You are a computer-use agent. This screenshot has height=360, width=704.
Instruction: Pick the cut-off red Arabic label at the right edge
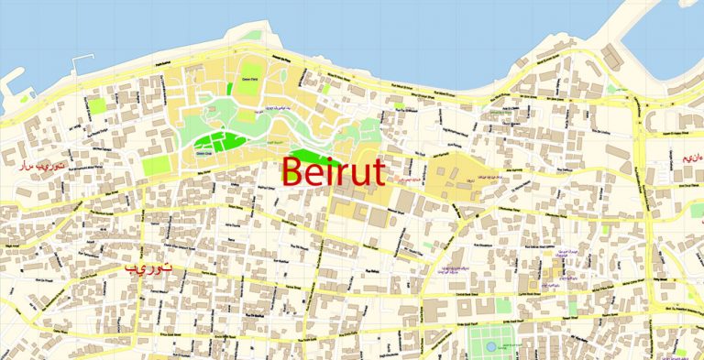click(693, 158)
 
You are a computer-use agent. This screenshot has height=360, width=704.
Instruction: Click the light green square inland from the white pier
click(97, 104)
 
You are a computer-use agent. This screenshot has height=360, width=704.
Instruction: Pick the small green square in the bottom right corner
click(681, 351)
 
